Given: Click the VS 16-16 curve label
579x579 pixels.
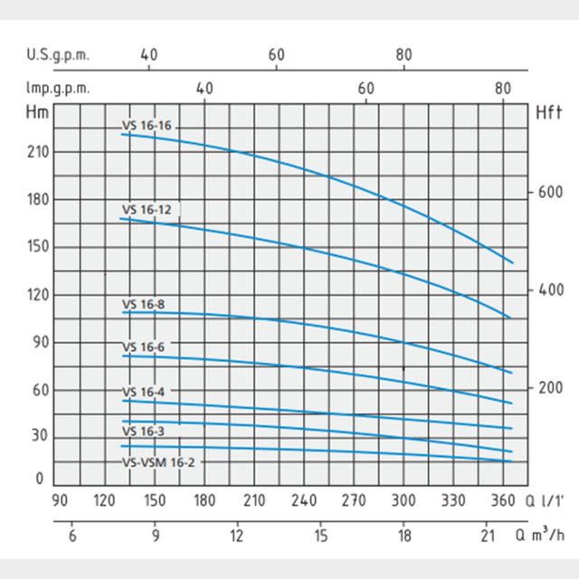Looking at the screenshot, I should pyautogui.click(x=147, y=126).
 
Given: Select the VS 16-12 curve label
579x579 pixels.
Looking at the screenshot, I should pyautogui.click(x=147, y=210).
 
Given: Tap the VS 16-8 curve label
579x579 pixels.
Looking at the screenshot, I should pyautogui.click(x=144, y=304).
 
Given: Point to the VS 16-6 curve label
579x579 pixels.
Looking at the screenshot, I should pyautogui.click(x=144, y=346).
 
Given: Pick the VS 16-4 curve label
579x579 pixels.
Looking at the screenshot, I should pyautogui.click(x=144, y=392).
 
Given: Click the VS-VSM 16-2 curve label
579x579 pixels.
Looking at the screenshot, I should pyautogui.click(x=158, y=461).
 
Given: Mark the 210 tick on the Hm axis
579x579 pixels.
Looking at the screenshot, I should pyautogui.click(x=38, y=152).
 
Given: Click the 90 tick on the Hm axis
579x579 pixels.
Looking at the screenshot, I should pyautogui.click(x=38, y=343).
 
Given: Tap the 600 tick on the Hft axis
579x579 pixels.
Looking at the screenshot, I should pyautogui.click(x=551, y=193).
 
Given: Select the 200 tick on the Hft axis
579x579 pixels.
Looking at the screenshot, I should pyautogui.click(x=551, y=387).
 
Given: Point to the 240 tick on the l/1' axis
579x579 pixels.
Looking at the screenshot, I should pyautogui.click(x=304, y=500).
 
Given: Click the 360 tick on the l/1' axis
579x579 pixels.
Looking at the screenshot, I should pyautogui.click(x=504, y=500).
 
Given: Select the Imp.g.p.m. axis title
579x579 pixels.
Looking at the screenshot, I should pyautogui.click(x=59, y=89).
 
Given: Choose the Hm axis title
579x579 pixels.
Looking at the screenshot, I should pyautogui.click(x=38, y=113).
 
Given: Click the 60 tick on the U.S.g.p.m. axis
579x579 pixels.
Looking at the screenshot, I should pyautogui.click(x=277, y=53).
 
